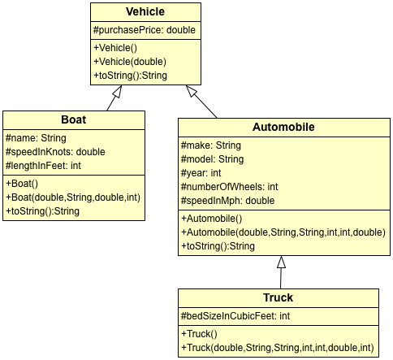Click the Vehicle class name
coord(145,12)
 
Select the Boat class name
coord(73,119)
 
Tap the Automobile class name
coord(283,128)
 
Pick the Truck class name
coord(278,297)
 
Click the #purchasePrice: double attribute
coord(145,31)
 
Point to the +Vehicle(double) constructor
coord(131,62)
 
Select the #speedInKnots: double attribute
coord(55,151)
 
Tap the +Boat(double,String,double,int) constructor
coord(74,197)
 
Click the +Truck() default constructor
coord(199,334)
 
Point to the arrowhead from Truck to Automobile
coord(281,262)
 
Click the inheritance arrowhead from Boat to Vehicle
coord(113,92)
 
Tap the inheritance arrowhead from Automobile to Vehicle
coord(192,91)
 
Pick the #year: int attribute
coord(200,172)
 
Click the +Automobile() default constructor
coord(214,219)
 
